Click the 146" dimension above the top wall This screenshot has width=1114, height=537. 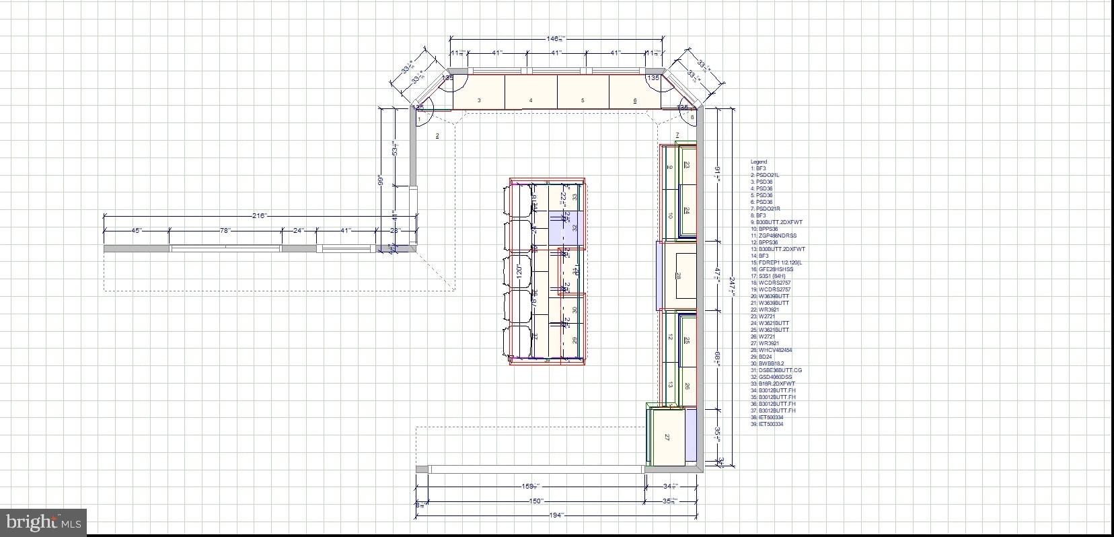(x=556, y=39)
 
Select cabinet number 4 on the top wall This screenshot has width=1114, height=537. (x=531, y=92)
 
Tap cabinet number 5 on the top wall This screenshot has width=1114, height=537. (x=583, y=92)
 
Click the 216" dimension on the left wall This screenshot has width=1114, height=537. (x=260, y=216)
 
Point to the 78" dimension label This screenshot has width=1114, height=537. (x=225, y=231)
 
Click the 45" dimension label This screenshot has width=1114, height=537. (x=136, y=231)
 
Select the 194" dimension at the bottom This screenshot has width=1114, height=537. (x=556, y=515)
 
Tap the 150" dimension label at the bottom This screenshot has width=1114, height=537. (x=535, y=501)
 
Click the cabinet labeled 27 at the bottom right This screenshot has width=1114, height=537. (x=667, y=437)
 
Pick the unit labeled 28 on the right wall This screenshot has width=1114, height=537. (x=678, y=276)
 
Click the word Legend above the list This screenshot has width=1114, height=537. (x=758, y=162)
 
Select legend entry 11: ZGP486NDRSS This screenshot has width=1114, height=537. (x=778, y=236)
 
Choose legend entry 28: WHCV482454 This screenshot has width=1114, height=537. (x=775, y=350)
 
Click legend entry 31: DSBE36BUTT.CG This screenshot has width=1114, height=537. (x=780, y=370)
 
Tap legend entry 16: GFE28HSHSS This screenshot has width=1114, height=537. (x=776, y=269)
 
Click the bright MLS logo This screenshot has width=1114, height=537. (x=43, y=522)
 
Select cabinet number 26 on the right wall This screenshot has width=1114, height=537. (x=687, y=386)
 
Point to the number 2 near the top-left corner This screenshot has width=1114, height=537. (x=437, y=136)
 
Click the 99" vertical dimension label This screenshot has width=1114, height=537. (x=380, y=180)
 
